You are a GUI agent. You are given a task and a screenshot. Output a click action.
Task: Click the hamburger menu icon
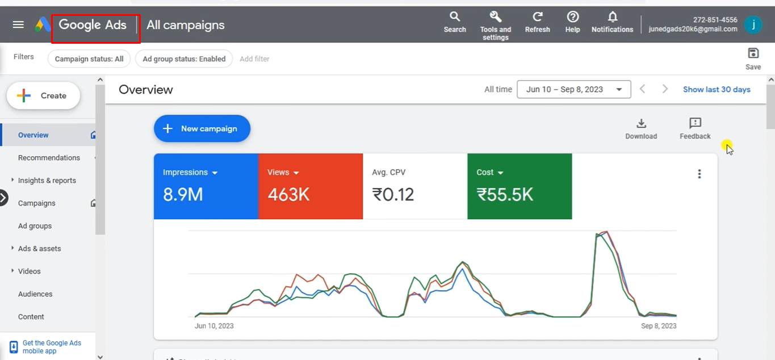tap(18, 24)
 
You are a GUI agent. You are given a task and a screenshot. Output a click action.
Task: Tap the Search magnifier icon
tap(455, 17)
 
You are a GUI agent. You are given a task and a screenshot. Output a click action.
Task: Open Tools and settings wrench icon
tap(496, 17)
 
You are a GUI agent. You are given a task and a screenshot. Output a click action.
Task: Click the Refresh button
tap(537, 17)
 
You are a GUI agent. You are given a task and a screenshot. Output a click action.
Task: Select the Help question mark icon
tap(572, 17)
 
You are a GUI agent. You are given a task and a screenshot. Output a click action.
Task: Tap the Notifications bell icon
tap(612, 17)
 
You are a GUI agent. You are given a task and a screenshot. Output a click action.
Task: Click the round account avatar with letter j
tap(753, 25)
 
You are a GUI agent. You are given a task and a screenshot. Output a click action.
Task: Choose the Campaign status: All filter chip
tap(89, 59)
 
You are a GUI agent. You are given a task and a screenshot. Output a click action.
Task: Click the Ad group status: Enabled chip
tap(184, 59)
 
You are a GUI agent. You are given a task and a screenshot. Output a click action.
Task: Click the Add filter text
tap(254, 59)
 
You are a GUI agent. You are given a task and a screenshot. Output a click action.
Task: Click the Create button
tap(44, 96)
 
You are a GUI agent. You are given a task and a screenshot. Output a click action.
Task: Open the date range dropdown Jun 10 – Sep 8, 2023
tap(573, 89)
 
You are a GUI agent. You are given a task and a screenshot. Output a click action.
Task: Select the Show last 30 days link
tap(717, 89)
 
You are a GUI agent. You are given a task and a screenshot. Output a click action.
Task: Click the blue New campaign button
tap(202, 129)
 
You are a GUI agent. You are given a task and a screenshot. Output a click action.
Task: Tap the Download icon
tap(641, 124)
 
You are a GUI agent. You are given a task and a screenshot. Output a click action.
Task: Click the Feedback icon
tap(695, 124)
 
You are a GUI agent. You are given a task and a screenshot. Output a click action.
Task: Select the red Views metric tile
tap(310, 186)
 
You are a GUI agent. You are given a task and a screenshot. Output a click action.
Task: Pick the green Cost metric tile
tap(519, 186)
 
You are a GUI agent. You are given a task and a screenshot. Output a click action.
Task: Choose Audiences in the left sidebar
tap(35, 294)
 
